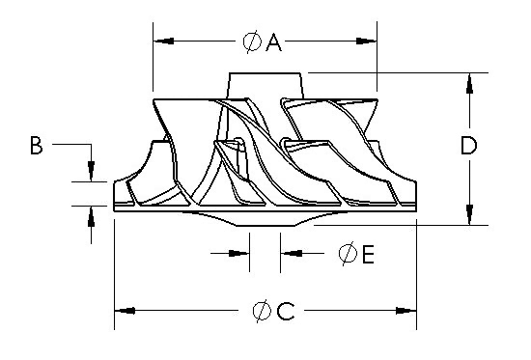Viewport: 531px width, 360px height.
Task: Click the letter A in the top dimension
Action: click(273, 42)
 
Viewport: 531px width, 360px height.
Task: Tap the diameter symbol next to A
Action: click(252, 42)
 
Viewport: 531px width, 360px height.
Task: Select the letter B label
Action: click(37, 146)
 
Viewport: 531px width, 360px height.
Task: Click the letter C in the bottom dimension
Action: click(286, 311)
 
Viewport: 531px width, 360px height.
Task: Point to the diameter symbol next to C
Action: click(262, 311)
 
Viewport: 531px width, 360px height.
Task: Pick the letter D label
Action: click(469, 146)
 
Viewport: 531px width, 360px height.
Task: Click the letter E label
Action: click(368, 255)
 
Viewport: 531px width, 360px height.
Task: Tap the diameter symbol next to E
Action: click(348, 254)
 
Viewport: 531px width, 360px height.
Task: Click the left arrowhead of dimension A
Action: click(164, 41)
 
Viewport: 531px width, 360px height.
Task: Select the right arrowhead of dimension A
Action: click(366, 41)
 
